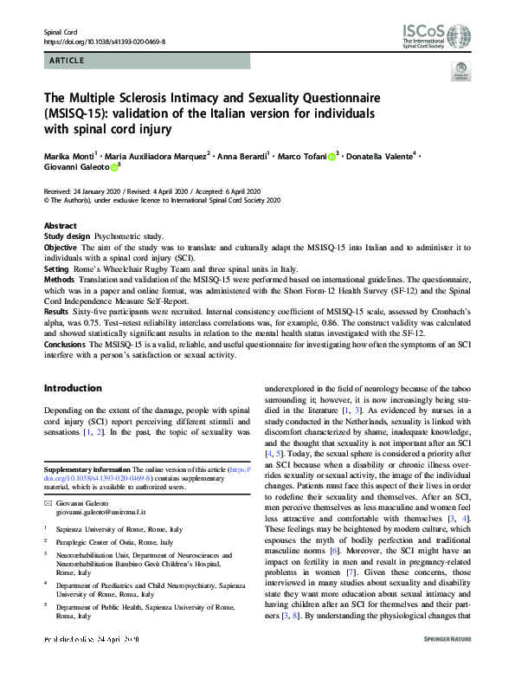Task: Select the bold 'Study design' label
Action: click(x=67, y=236)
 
